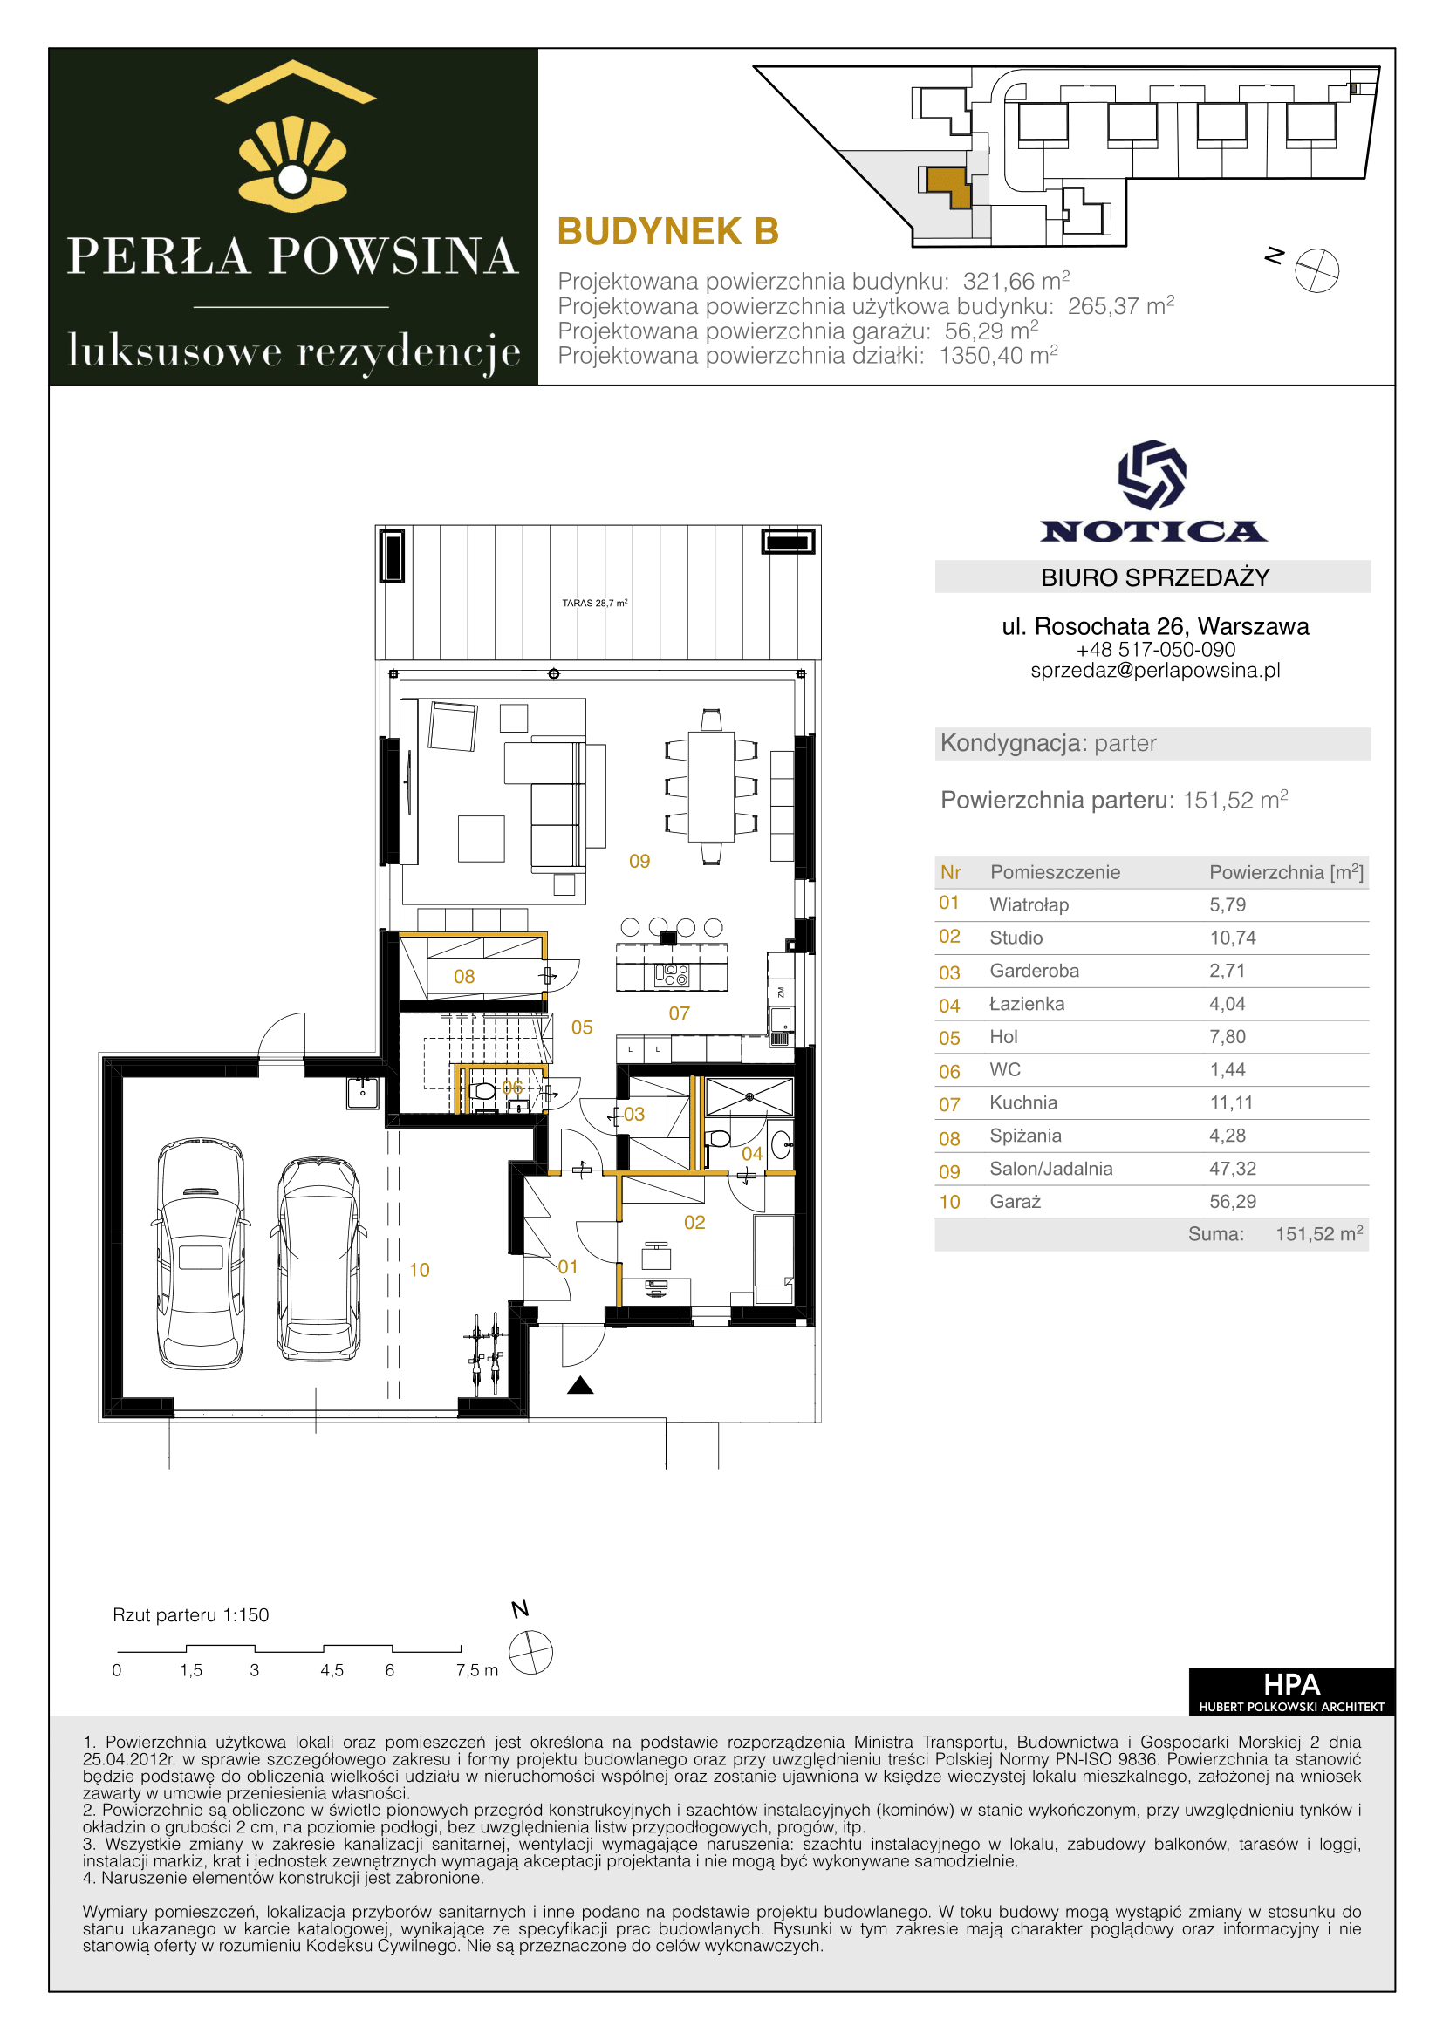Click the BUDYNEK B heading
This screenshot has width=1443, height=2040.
[x=668, y=231]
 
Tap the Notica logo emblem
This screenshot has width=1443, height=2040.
[x=1152, y=474]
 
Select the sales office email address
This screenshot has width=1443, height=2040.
[x=1155, y=670]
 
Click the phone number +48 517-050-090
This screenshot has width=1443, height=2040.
[x=1155, y=650]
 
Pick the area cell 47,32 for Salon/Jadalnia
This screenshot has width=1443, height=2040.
[x=1233, y=1169]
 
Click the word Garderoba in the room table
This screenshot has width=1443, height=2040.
[x=1035, y=970]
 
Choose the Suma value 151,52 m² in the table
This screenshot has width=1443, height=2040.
[x=1319, y=1233]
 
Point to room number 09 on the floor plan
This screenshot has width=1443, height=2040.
[x=639, y=861]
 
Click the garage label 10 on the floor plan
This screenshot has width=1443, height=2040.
[x=420, y=1271]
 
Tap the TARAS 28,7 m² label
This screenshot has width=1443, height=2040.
[x=594, y=603]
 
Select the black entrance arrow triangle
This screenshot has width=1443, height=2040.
[x=580, y=1384]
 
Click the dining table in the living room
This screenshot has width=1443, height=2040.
[x=711, y=787]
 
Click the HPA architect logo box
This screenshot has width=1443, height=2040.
[x=1291, y=1692]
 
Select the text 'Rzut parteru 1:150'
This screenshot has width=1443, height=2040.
[x=190, y=1615]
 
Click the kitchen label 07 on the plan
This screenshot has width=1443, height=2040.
[x=680, y=1013]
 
